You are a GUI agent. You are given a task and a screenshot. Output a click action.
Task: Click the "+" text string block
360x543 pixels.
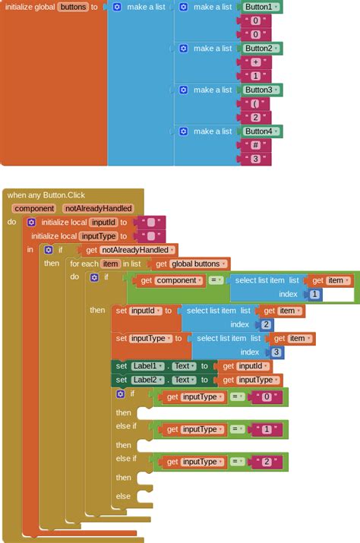pos(256,62)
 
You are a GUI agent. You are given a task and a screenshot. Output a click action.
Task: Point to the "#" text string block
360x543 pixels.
pos(256,145)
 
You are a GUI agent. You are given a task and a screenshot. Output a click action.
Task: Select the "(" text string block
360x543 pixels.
pos(256,103)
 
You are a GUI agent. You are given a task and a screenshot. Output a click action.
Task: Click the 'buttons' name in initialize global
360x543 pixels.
pos(73,7)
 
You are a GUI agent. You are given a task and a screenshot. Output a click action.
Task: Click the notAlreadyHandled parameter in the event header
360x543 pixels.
pos(99,208)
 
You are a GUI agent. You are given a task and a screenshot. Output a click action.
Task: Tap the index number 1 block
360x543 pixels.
pos(314,295)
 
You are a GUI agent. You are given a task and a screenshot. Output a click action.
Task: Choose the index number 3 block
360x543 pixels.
pos(276,352)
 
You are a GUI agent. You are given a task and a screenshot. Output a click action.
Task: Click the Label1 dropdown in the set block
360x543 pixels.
pos(147,366)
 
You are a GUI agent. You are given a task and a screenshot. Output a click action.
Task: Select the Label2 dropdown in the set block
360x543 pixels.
pos(147,380)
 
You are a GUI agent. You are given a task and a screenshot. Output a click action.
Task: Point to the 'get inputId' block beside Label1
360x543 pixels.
pos(244,366)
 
